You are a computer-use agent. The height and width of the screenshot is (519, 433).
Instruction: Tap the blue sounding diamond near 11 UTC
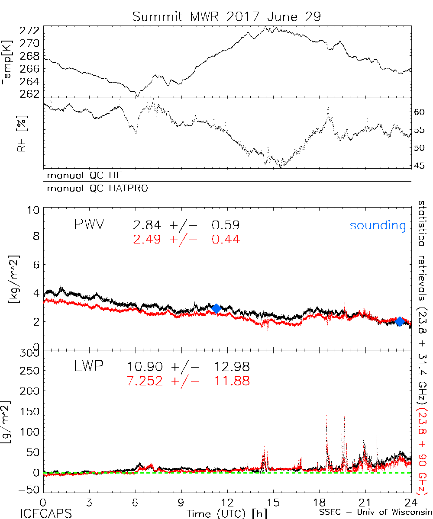pos(216,308)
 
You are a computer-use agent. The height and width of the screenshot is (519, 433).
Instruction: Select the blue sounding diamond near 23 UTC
pos(400,321)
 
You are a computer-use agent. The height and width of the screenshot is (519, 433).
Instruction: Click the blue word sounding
pos(378,225)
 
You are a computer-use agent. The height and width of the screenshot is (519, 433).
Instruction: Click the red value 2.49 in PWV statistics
pos(144,239)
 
